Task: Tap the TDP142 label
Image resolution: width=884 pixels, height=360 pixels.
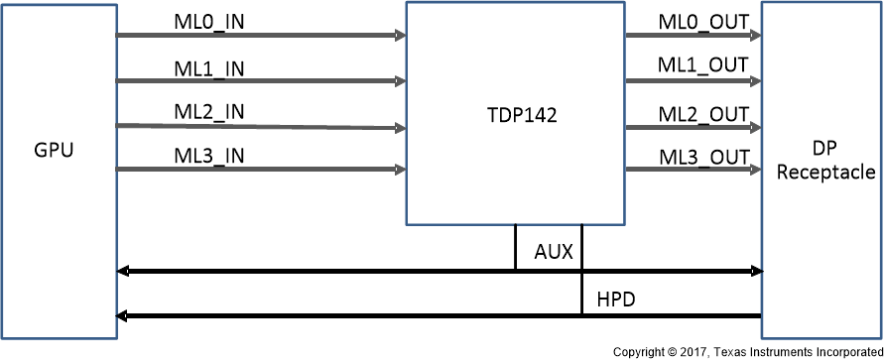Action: click(516, 114)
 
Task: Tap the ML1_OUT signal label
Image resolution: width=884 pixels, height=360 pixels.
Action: click(703, 65)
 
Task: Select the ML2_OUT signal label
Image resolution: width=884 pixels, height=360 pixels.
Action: click(703, 114)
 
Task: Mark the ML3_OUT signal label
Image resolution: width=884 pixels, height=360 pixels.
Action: click(703, 157)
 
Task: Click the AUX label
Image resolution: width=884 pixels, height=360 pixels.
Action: click(554, 252)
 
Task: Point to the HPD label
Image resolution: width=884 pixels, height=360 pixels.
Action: click(618, 299)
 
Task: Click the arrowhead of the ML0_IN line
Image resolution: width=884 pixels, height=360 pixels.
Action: click(400, 36)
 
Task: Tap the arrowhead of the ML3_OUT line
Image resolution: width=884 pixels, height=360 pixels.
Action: click(756, 170)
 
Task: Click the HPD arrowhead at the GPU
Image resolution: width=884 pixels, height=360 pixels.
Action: click(122, 316)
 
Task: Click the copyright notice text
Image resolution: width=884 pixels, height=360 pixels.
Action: click(746, 352)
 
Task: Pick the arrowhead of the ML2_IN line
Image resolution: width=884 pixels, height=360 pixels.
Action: click(400, 128)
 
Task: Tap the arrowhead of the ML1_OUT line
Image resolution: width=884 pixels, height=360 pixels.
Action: click(756, 80)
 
